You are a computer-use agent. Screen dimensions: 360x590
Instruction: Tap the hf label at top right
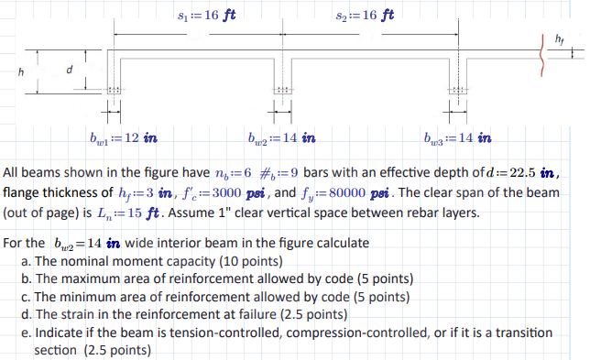560,38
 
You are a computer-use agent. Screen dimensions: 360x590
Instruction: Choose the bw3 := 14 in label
458,139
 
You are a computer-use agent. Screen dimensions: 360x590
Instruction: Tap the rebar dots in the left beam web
114,90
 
